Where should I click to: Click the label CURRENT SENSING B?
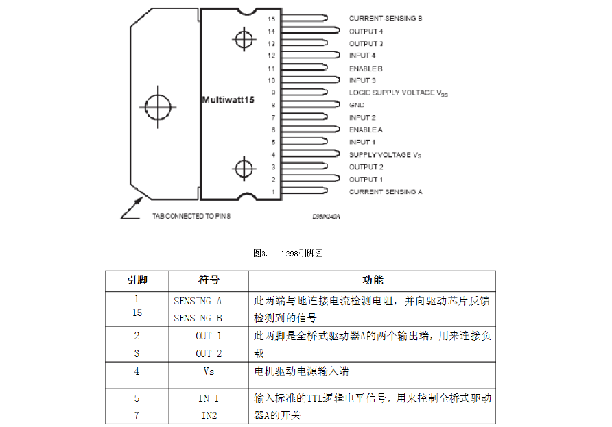point(385,19)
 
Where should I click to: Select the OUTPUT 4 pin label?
point(366,31)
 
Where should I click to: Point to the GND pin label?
point(357,105)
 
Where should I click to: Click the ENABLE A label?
point(366,130)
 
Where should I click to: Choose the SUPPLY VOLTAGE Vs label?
point(385,155)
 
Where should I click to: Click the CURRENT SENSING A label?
point(385,192)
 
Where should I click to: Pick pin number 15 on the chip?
point(272,19)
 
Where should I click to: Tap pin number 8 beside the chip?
point(273,105)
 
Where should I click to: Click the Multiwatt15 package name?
point(228,100)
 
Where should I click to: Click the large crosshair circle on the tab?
point(158,106)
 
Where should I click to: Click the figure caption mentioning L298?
point(287,253)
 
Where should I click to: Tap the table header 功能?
point(373,280)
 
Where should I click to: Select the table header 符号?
point(209,280)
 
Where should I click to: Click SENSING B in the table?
point(198,318)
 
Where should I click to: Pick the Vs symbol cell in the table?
point(209,371)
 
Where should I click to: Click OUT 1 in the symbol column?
point(209,336)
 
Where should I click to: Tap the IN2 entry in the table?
point(209,415)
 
